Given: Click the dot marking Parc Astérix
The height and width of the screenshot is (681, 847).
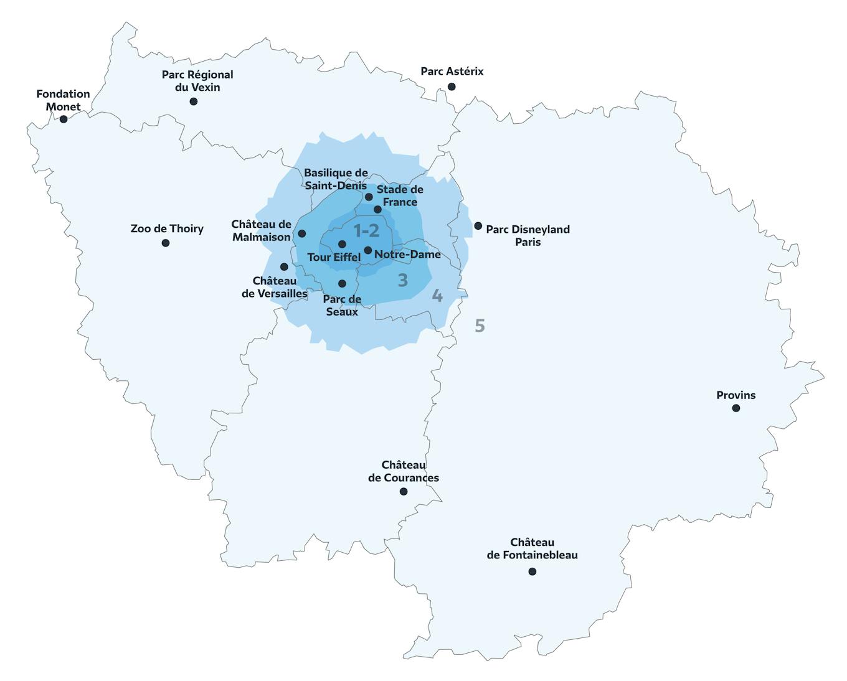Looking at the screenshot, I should (x=452, y=87).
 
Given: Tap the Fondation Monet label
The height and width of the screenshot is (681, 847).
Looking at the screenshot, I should (x=63, y=100).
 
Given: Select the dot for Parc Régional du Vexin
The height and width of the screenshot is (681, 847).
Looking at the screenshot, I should (x=194, y=101).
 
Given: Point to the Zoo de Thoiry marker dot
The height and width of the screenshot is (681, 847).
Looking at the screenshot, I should (x=166, y=243).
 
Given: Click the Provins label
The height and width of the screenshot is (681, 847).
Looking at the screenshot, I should (x=736, y=395).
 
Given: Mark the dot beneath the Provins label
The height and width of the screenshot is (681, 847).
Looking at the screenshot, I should (x=736, y=408).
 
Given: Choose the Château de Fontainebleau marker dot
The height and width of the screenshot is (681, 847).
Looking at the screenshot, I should (x=532, y=571).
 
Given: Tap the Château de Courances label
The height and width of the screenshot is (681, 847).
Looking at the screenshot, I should (x=404, y=472).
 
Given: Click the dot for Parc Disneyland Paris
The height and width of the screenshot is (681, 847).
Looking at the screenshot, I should (x=478, y=226).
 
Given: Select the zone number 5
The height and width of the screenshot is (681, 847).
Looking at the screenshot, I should (x=480, y=326).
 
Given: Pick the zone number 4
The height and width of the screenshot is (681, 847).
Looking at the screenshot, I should (x=437, y=296).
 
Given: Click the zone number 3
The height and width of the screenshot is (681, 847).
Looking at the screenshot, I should (x=403, y=281).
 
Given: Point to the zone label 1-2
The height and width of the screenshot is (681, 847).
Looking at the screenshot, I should (x=366, y=231).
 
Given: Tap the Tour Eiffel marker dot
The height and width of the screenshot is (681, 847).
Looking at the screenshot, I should (x=342, y=244).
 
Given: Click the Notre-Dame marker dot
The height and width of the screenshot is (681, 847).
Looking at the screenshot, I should (x=368, y=250).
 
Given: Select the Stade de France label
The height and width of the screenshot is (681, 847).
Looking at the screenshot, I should (x=400, y=195).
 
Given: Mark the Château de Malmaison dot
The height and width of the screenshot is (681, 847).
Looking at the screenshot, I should (x=302, y=233).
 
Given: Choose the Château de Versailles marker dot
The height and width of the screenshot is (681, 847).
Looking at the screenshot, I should (x=284, y=267).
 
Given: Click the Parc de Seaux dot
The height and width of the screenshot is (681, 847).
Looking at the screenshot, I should (x=342, y=284).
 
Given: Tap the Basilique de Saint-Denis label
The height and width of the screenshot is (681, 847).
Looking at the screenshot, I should (x=336, y=179).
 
